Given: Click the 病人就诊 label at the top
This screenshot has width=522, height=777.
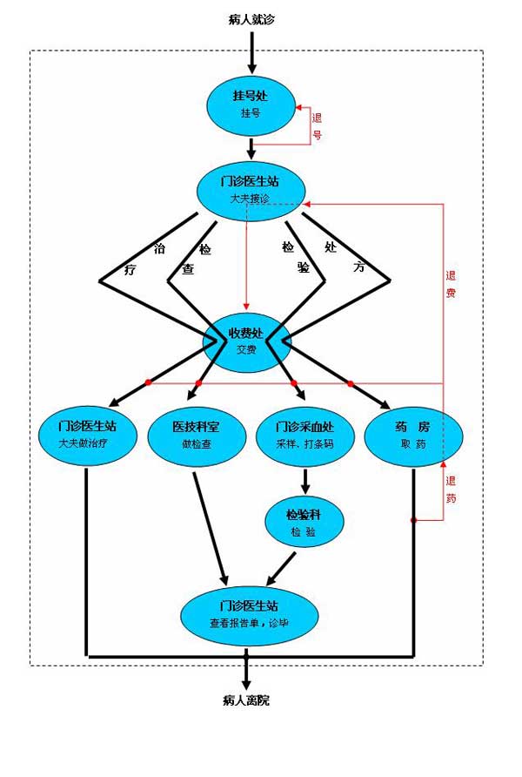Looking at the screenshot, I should point(251,19).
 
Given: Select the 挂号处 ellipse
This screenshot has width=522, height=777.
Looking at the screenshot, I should point(251,105).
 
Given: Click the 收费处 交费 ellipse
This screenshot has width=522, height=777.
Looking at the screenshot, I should point(245,341).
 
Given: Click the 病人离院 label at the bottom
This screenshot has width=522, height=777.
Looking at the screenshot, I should point(246,699).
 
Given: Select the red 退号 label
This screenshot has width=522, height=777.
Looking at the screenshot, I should point(318,125).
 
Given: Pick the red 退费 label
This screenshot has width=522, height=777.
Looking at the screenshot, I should point(451,284).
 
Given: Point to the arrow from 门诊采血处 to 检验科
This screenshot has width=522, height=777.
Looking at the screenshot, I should point(304,481).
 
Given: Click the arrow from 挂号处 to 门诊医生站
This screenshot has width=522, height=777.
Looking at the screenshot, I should point(251,148).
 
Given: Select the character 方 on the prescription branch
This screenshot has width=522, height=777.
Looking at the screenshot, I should point(358,267).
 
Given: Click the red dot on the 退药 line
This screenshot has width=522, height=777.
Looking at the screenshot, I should point(414,520).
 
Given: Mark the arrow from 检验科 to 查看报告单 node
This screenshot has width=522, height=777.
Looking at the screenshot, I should point(280,568).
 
